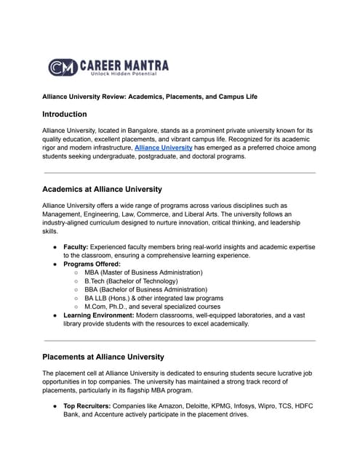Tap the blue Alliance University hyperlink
pos(164,147)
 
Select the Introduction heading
pos(65,114)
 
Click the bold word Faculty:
pos(76,247)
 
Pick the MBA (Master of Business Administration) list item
pos(143,272)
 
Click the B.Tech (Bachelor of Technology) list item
pos(133,281)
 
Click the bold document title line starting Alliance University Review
pos(149,97)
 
